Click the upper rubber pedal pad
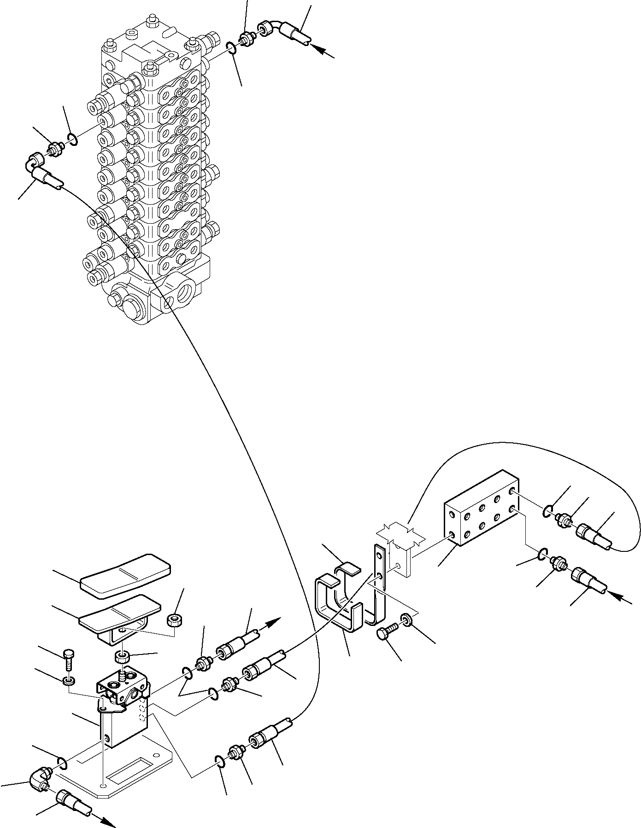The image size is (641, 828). pos(125,575)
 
